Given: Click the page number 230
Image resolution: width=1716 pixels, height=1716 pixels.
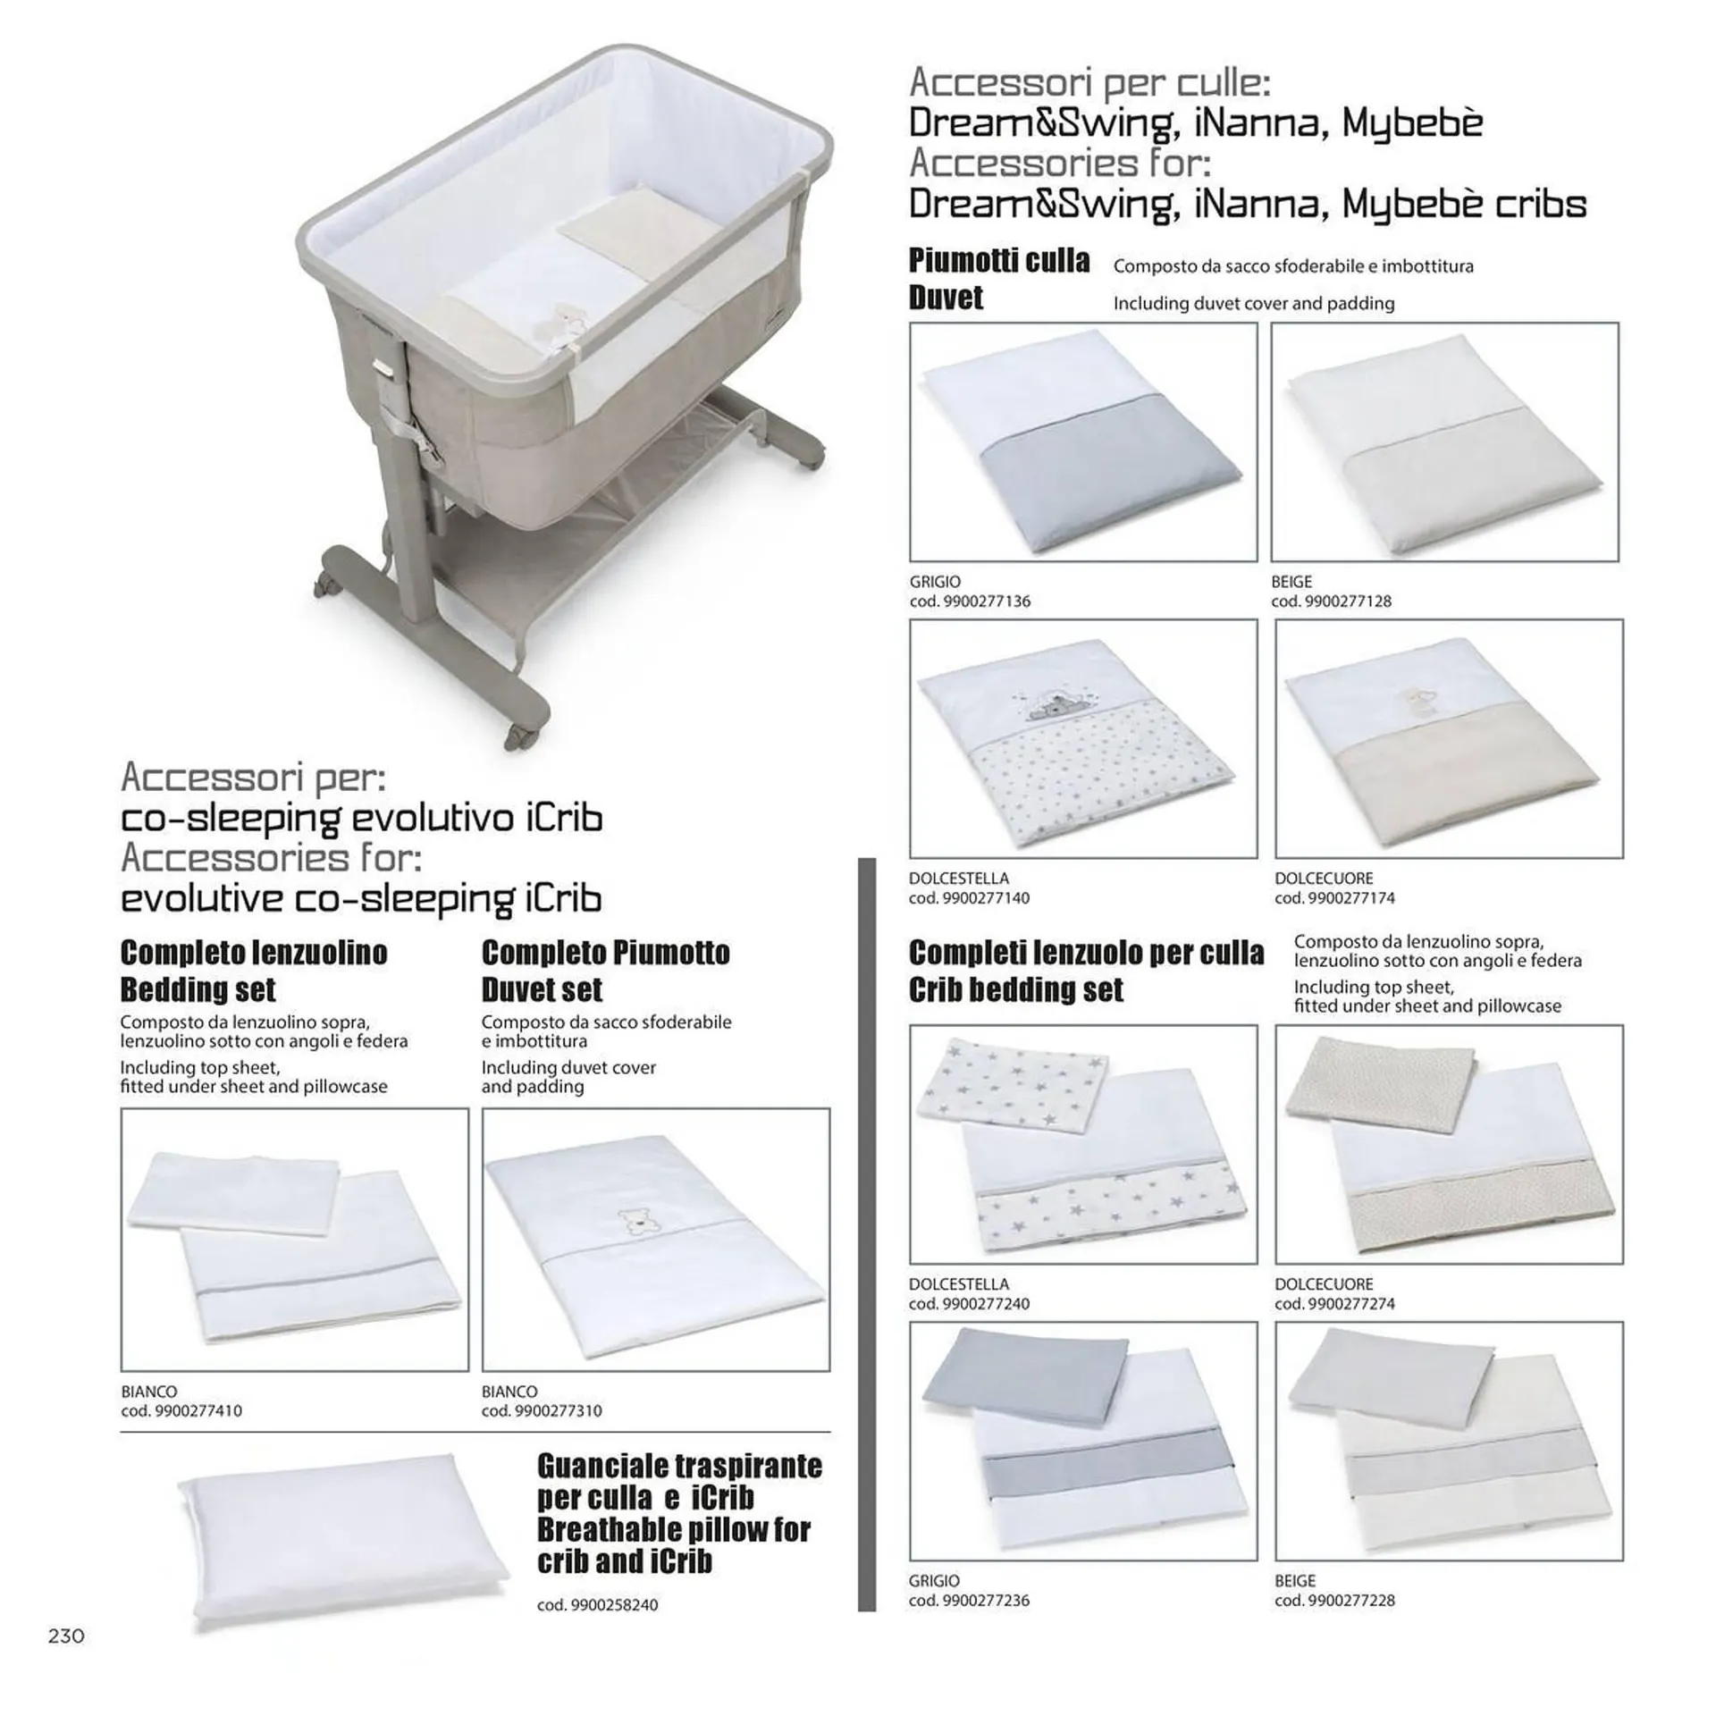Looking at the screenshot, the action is coord(66,1636).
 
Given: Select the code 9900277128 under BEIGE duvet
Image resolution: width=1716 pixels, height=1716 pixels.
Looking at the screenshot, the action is coord(1349,601).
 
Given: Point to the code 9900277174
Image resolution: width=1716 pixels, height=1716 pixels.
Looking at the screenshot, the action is coord(1352,898).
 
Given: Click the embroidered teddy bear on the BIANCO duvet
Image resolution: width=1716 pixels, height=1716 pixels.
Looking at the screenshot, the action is coord(634,1224).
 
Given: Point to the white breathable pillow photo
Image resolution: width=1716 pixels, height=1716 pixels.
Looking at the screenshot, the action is coord(343,1536).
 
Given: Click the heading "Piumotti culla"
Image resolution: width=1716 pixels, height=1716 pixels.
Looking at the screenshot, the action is coord(999,261).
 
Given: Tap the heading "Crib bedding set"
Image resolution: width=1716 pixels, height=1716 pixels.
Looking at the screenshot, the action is coord(1016,990).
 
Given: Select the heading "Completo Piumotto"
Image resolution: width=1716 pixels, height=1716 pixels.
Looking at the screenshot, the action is coord(606,953).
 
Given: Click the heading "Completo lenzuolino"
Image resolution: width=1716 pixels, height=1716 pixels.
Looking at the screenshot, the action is coord(254,953).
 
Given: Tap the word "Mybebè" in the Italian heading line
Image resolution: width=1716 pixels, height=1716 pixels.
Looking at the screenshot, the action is coord(1412,123).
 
